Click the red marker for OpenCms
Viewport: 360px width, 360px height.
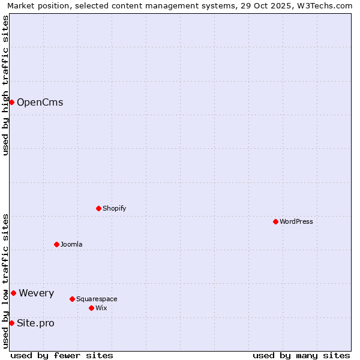pyautogui.click(x=11, y=102)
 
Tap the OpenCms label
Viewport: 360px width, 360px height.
pyautogui.click(x=40, y=103)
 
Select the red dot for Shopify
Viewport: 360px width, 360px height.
pyautogui.click(x=98, y=208)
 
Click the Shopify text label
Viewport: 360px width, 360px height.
pyautogui.click(x=114, y=209)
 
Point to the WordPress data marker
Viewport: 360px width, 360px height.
pyautogui.click(x=275, y=221)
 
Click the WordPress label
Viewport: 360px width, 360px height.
pyautogui.click(x=296, y=222)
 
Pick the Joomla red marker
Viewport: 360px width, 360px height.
pyautogui.click(x=56, y=244)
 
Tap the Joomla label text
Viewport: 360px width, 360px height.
pyautogui.click(x=71, y=245)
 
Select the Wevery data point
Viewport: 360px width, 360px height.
pyautogui.click(x=13, y=293)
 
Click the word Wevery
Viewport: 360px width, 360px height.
pyautogui.click(x=36, y=293)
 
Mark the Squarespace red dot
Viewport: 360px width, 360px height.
pyautogui.click(x=72, y=299)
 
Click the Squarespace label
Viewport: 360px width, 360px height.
pyautogui.click(x=97, y=299)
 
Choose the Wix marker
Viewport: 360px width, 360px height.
pyautogui.click(x=91, y=308)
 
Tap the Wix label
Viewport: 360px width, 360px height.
pyautogui.click(x=101, y=308)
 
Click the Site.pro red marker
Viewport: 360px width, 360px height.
pyautogui.click(x=11, y=323)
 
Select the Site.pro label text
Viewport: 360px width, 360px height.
pyautogui.click(x=35, y=323)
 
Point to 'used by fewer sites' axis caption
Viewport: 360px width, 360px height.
pyautogui.click(x=62, y=356)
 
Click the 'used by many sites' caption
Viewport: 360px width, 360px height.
pyautogui.click(x=301, y=356)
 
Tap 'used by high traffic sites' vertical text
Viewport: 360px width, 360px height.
pyautogui.click(x=6, y=85)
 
